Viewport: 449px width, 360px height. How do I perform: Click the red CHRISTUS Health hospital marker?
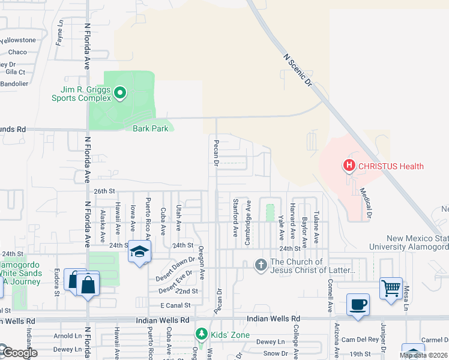[348, 166]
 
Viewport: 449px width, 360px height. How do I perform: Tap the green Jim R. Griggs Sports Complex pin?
[119, 93]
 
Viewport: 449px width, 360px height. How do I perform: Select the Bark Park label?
[150, 128]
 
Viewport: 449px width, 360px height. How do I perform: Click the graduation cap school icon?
[139, 253]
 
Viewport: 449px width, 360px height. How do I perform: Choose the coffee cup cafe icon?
[358, 304]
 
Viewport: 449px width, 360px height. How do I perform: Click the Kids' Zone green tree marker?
[202, 334]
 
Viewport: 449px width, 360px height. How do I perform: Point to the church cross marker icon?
[261, 265]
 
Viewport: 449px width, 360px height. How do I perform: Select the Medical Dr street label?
[366, 203]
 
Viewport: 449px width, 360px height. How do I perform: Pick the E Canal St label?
[175, 306]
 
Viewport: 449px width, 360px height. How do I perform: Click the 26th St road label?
[103, 191]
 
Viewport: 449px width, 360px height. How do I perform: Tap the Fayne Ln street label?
[59, 32]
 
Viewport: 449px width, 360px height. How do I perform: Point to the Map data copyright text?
[423, 355]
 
